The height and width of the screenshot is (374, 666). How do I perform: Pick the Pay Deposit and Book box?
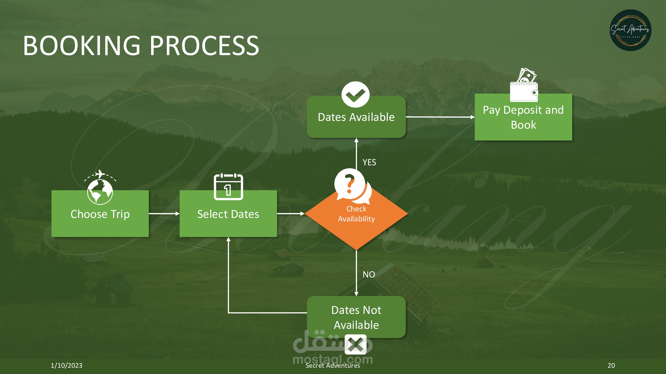(x=523, y=117)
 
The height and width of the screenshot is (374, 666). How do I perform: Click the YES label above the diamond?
(x=369, y=162)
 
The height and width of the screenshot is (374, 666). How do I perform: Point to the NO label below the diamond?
(x=369, y=274)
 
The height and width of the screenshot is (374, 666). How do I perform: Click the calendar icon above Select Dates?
(x=228, y=187)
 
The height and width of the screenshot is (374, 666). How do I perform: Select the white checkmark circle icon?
(x=356, y=95)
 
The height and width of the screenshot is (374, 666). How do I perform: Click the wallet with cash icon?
(x=524, y=85)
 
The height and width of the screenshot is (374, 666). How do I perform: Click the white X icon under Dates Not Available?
(x=356, y=345)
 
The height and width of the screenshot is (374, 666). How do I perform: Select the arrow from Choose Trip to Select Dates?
(x=164, y=214)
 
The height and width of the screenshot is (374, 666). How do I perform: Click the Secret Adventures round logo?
(x=630, y=30)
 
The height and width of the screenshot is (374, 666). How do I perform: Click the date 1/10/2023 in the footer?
(x=66, y=366)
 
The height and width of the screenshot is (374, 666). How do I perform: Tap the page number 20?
(x=611, y=366)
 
